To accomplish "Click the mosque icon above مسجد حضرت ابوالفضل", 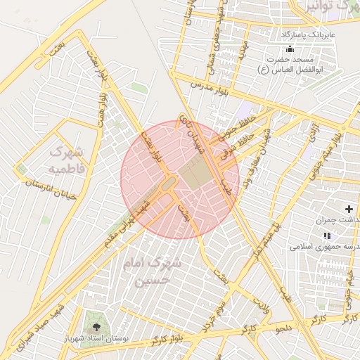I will coord(290,49).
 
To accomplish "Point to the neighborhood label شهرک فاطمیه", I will coord(67,160).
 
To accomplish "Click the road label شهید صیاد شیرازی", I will coord(40,325).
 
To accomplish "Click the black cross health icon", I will coord(349,209).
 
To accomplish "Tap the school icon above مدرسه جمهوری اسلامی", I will coord(325,235).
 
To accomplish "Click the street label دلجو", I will coord(285,328).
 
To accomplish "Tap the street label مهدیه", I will coord(240,49).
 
